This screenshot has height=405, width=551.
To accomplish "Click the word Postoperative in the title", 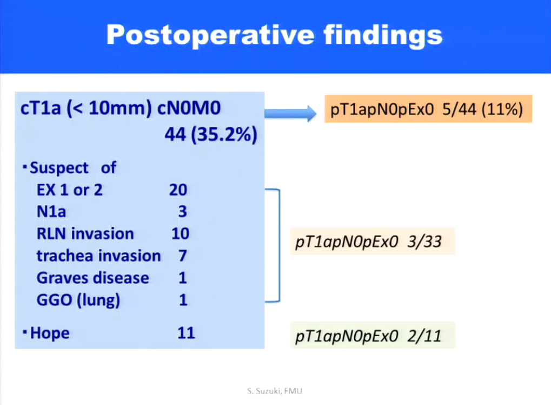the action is point(210,36).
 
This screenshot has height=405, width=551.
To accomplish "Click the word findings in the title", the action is point(383,36).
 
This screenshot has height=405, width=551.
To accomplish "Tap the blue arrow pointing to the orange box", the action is point(290,113).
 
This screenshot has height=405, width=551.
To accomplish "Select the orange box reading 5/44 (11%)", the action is point(428,109).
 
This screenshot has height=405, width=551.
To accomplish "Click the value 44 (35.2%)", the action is point(211,134).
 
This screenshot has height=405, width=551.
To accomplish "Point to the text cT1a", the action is point(41,108).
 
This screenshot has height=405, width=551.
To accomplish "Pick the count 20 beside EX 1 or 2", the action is point(178,190).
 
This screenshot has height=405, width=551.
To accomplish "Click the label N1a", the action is point(51,212).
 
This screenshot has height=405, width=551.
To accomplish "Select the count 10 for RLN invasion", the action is point(180,234).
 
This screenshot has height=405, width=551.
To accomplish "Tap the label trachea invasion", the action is point(98,256).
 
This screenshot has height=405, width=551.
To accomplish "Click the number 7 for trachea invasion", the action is point(182,256).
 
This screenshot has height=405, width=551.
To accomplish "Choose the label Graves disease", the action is point(93,278).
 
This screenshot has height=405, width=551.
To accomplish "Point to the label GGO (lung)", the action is point(78,301).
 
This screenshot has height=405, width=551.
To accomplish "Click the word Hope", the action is point(50,333).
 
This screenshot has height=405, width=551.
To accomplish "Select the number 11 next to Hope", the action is point(186,333).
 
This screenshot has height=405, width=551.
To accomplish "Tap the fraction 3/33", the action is point(424,241).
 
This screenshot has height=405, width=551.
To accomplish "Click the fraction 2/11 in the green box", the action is point(424,336).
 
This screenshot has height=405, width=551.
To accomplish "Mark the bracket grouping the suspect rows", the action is point(280,246).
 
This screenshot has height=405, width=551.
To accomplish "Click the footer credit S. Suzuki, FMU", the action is point(275,391).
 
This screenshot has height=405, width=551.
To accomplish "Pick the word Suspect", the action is point(59,168).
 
